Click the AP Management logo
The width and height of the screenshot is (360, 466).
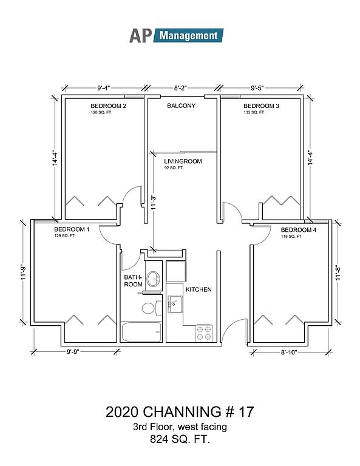tap(176, 36)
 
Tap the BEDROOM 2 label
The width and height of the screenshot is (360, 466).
tap(109, 106)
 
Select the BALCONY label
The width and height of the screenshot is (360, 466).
tap(181, 106)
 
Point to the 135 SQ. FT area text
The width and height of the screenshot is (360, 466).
tap(254, 112)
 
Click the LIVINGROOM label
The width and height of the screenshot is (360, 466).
tap(183, 161)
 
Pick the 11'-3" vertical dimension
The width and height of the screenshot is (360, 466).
tap(154, 203)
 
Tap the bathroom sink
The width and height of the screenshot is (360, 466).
tap(154, 279)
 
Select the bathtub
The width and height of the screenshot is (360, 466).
tap(141, 332)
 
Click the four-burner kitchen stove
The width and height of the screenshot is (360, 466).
tap(203, 333)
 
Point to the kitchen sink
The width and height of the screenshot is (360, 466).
tap(175, 304)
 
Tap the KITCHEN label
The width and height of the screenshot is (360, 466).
tap(199, 289)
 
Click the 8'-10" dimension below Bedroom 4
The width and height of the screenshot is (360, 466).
tap(289, 353)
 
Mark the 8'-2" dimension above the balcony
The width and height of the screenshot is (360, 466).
tap(180, 88)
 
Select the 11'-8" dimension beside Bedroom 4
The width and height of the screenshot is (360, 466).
tap(338, 272)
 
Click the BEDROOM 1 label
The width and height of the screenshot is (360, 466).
tap(72, 229)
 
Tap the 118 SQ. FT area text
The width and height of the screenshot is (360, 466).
tap(291, 236)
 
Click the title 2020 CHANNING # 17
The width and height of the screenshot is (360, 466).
tap(180, 412)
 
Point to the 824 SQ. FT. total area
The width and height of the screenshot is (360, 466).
tap(180, 439)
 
